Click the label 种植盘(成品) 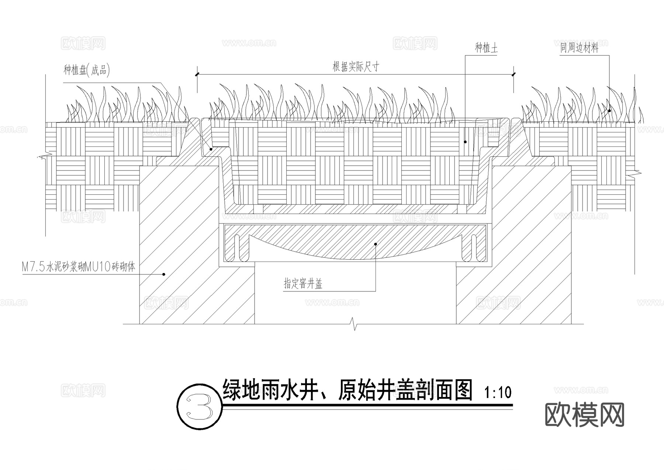(x=87, y=70)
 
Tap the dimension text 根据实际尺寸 (x=356, y=67)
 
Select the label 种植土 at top (x=486, y=48)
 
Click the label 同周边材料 (x=579, y=48)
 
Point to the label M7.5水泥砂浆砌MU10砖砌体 (x=79, y=267)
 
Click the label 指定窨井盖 (x=303, y=284)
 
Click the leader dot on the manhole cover (x=376, y=244)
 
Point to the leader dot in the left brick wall (x=164, y=274)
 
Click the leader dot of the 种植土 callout (x=465, y=142)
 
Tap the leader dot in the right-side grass (x=609, y=111)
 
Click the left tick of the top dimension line (x=197, y=75)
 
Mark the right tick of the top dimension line (x=513, y=75)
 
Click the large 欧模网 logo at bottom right (x=584, y=415)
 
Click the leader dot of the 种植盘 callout (x=211, y=149)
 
